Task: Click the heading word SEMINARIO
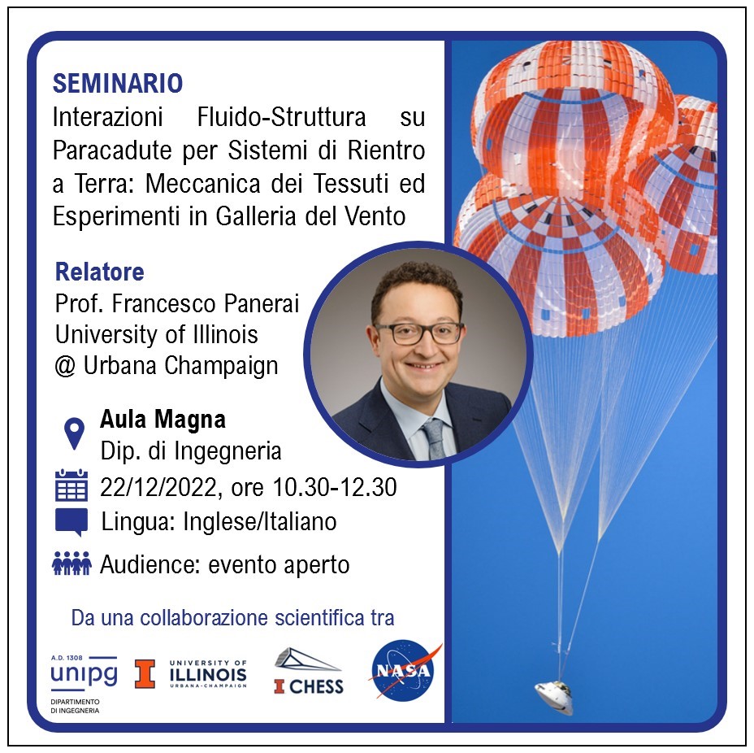pyautogui.click(x=118, y=83)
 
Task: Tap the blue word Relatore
pyautogui.click(x=100, y=272)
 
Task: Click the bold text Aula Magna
pyautogui.click(x=162, y=419)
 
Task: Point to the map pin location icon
pyautogui.click(x=74, y=433)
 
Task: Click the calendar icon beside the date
pyautogui.click(x=71, y=485)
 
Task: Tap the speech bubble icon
pyautogui.click(x=71, y=522)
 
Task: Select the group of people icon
pyautogui.click(x=71, y=564)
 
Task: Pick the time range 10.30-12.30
pyautogui.click(x=335, y=487)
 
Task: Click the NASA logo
pyautogui.click(x=404, y=670)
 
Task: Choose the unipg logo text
pyautogui.click(x=84, y=673)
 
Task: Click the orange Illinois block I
pyautogui.click(x=145, y=673)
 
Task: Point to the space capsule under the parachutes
pyautogui.click(x=554, y=696)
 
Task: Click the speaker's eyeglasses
pyautogui.click(x=418, y=333)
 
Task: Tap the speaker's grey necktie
pyautogui.click(x=434, y=438)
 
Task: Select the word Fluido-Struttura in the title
pyautogui.click(x=281, y=117)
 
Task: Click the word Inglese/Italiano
pyautogui.click(x=260, y=522)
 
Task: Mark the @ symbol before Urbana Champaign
pyautogui.click(x=65, y=366)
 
